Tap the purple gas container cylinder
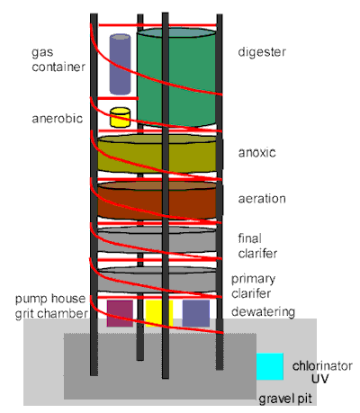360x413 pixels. click(120, 64)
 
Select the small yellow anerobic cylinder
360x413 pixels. click(120, 117)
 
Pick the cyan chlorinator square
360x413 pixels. click(270, 366)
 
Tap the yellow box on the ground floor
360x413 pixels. click(157, 312)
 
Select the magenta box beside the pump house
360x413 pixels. click(120, 312)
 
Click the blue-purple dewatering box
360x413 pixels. click(195, 312)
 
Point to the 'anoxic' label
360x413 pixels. click(256, 154)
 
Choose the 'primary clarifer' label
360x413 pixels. click(254, 285)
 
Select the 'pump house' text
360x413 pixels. click(50, 299)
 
